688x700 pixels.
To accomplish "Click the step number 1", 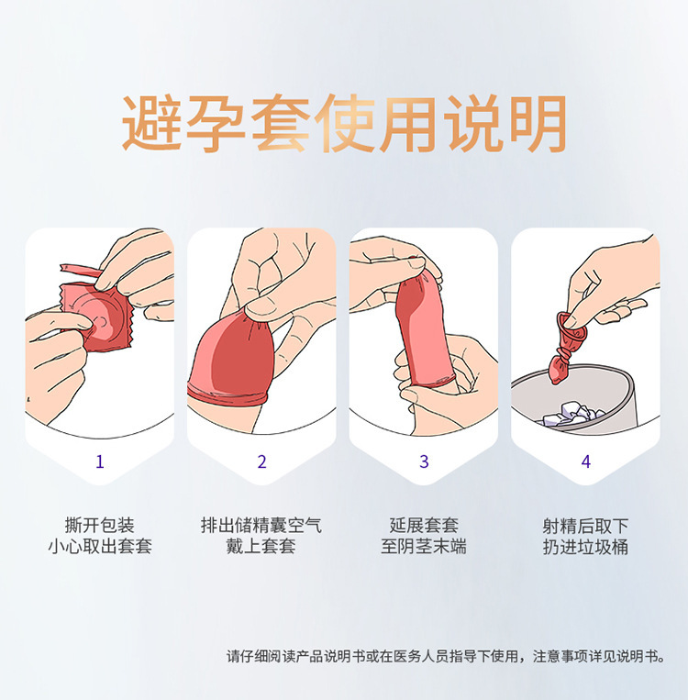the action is pos(100,461).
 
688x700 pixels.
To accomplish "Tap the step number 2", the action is pos(262,461).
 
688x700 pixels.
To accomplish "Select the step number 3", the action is pos(424,461).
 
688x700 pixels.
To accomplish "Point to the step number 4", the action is pos(586,461).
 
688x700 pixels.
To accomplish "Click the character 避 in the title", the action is pos(151,122).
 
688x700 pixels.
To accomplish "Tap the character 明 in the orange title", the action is pos(538,122).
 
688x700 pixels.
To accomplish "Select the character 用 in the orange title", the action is pos(407,122).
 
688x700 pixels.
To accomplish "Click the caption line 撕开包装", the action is pos(100,525).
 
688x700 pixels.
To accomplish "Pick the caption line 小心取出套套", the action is pos(100,547).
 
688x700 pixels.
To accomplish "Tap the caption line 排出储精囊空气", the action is pos(261,525).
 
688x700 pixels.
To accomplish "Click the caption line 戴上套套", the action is pos(261,547).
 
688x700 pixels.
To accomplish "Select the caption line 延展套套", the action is pos(424,525).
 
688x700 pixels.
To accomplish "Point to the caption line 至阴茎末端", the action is pos(424,547).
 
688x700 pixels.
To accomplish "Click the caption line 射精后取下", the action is pos(586,525).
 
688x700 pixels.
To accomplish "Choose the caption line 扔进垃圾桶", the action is pos(586,547).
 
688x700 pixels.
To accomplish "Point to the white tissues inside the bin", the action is pos(573,415).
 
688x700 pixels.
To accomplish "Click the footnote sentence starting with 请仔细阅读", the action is pos(446,656).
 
